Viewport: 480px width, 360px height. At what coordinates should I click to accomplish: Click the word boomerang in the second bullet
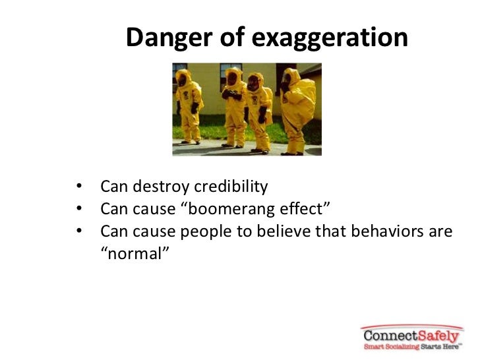pyautogui.click(x=231, y=210)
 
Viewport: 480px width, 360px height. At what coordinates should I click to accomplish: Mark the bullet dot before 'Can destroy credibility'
pyautogui.click(x=80, y=188)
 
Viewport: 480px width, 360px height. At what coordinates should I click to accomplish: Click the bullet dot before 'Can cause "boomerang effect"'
pyautogui.click(x=80, y=210)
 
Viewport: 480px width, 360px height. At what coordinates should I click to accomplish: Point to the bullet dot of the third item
pyautogui.click(x=80, y=233)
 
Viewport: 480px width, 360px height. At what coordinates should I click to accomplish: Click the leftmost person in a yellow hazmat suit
pyautogui.click(x=189, y=105)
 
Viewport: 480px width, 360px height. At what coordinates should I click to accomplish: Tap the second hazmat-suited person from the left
pyautogui.click(x=234, y=105)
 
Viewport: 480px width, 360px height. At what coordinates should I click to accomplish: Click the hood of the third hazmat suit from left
pyautogui.click(x=255, y=81)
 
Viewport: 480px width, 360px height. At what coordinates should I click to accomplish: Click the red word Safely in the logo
pyautogui.click(x=438, y=334)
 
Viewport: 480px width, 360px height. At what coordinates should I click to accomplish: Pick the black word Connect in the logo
pyautogui.click(x=390, y=334)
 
